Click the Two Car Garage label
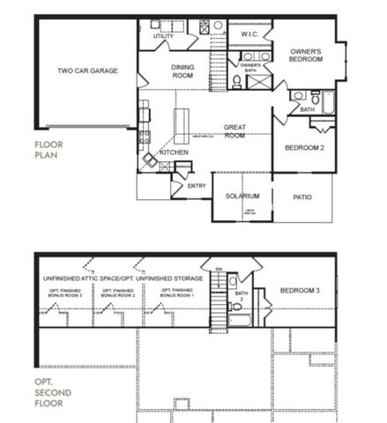[87, 71]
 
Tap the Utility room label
[163, 36]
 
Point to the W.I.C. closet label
[248, 34]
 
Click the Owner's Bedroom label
[305, 56]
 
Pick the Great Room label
[234, 131]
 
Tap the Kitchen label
[174, 152]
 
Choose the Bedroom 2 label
[304, 148]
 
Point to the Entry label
[197, 186]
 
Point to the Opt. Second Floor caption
[49, 392]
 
